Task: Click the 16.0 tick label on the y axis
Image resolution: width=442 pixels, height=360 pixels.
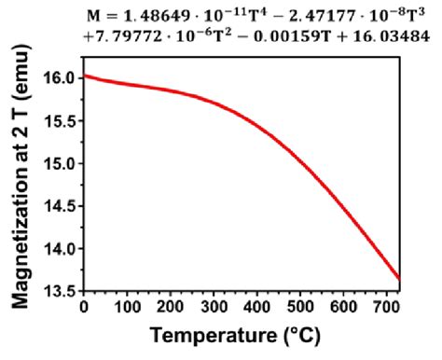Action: pos(60,78)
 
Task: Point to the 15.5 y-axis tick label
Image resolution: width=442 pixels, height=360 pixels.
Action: pos(60,121)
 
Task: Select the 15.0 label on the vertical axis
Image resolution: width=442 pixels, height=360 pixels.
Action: pos(60,164)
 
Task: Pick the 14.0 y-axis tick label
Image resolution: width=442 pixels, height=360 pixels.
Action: pos(60,249)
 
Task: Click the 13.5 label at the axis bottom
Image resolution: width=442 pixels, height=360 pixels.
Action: pos(60,291)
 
